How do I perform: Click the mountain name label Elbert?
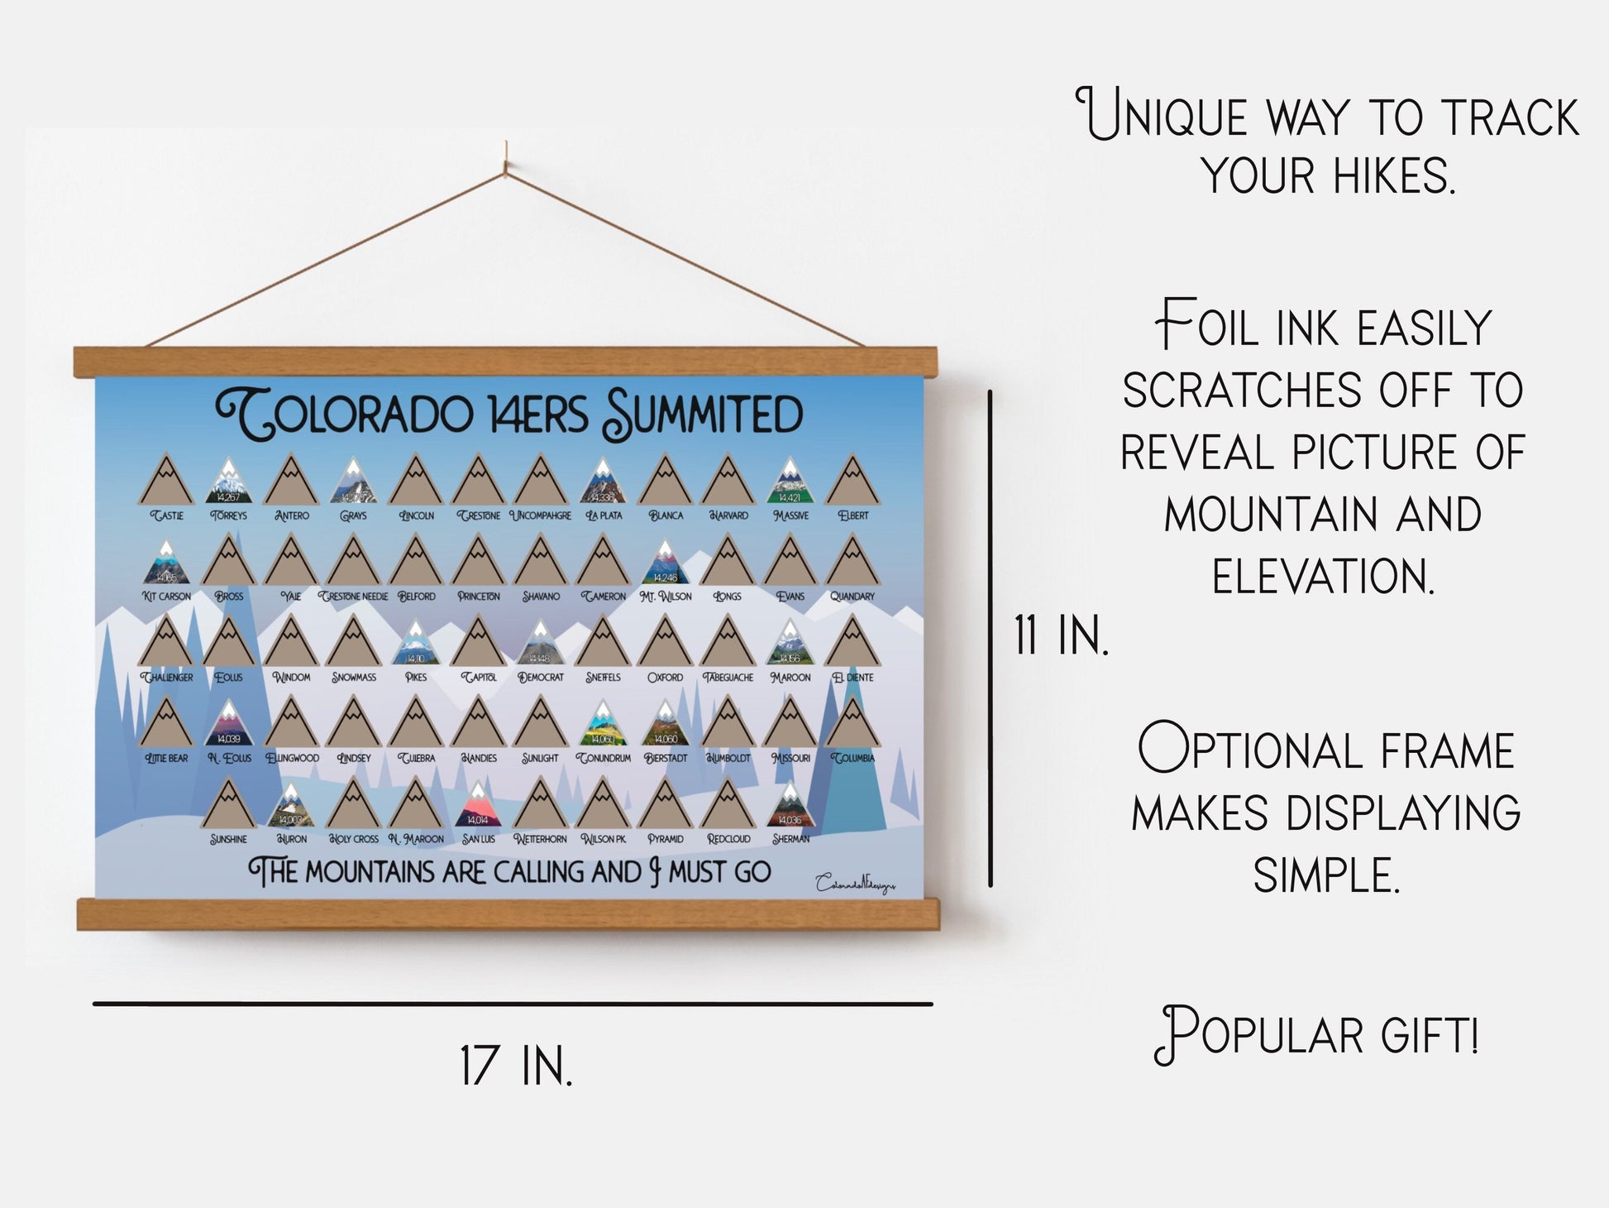pos(853,515)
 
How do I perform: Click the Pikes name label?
pos(416,677)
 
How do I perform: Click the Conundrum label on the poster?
pos(603,758)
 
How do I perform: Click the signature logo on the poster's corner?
pos(855,884)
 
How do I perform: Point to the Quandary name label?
pos(852,597)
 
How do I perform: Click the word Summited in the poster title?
pos(703,414)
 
